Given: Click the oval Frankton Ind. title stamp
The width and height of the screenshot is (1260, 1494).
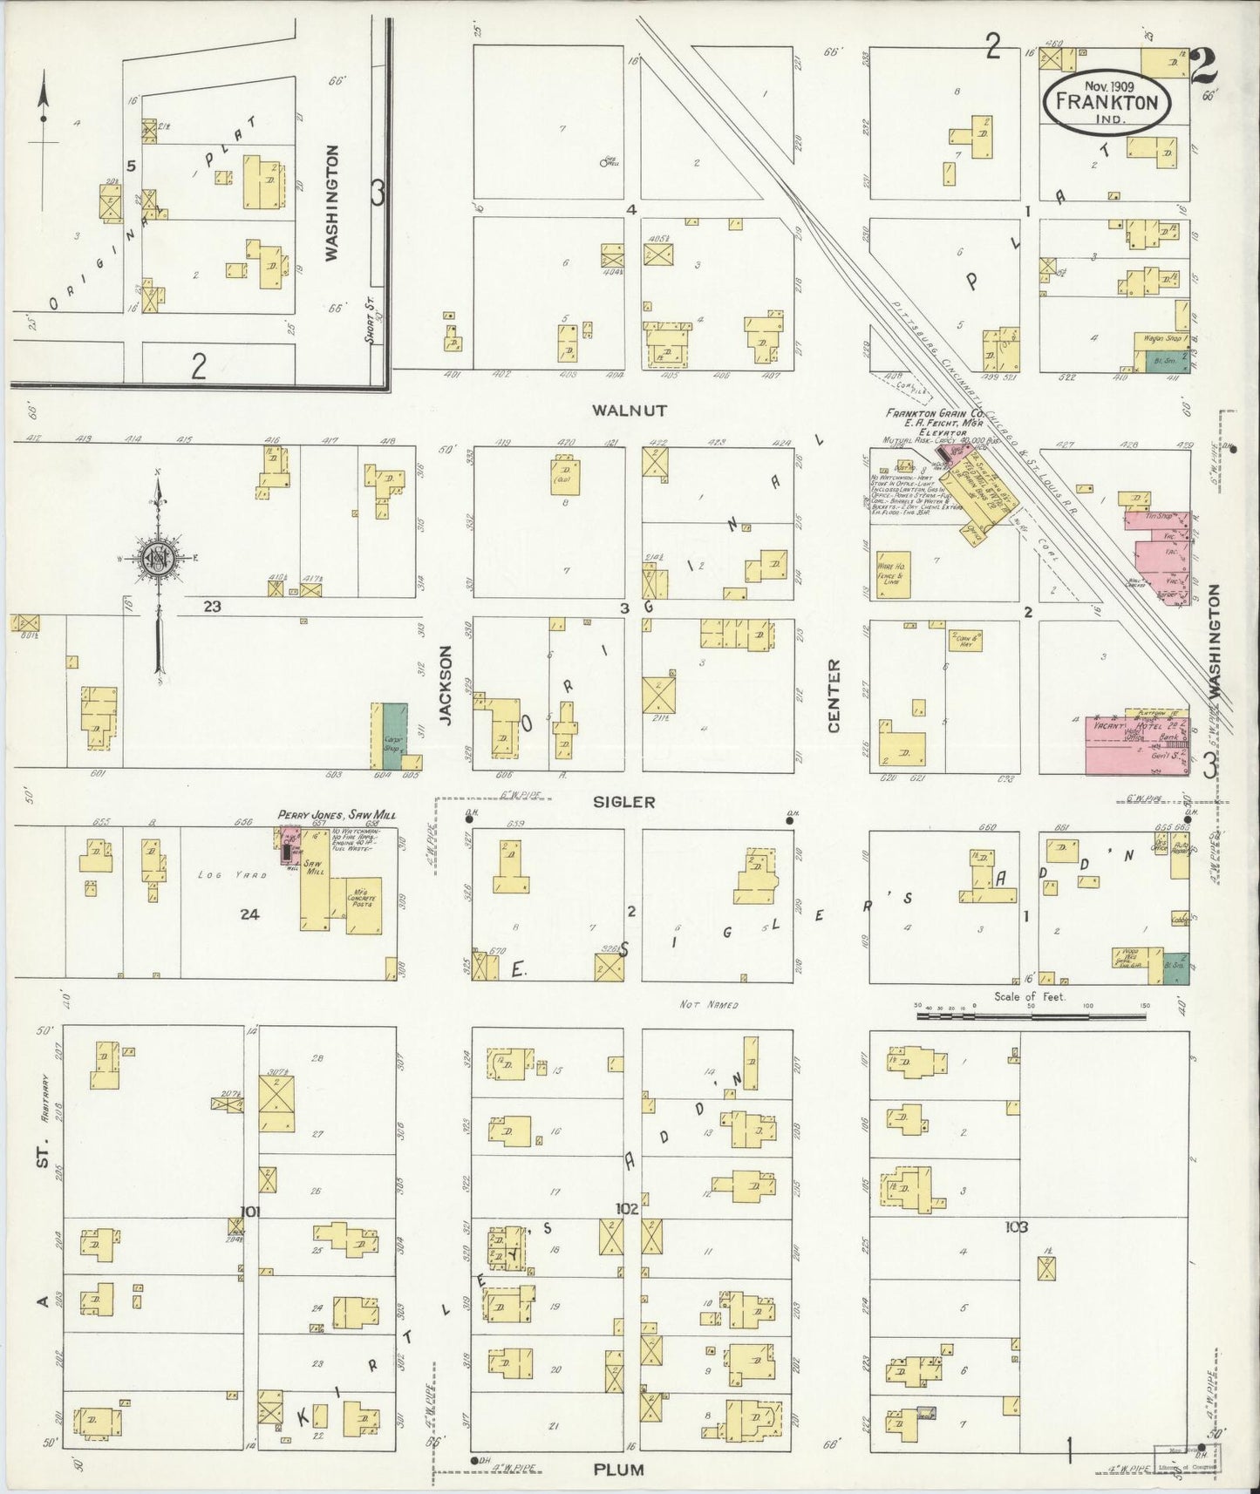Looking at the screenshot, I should tap(1107, 99).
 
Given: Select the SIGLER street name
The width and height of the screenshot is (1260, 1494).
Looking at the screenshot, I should tap(624, 802).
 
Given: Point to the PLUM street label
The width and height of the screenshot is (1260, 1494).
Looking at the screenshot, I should tap(618, 1470).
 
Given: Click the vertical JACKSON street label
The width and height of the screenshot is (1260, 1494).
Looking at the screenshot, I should tap(446, 685).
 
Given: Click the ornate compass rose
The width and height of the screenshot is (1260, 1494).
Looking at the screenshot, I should tap(159, 559).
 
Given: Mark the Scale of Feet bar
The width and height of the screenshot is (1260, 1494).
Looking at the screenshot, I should tap(1031, 1015).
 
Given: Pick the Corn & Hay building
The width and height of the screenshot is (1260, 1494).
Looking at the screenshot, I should tap(964, 640).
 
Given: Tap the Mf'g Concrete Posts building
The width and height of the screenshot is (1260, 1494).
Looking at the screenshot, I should tap(364, 904).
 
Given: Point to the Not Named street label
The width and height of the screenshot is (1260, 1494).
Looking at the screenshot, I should tap(708, 1004).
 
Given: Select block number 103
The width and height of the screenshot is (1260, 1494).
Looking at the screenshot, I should tap(1016, 1226).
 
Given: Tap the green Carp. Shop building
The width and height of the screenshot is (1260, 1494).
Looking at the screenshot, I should tap(393, 737).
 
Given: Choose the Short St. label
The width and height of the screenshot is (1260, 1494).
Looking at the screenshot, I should tap(370, 328).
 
